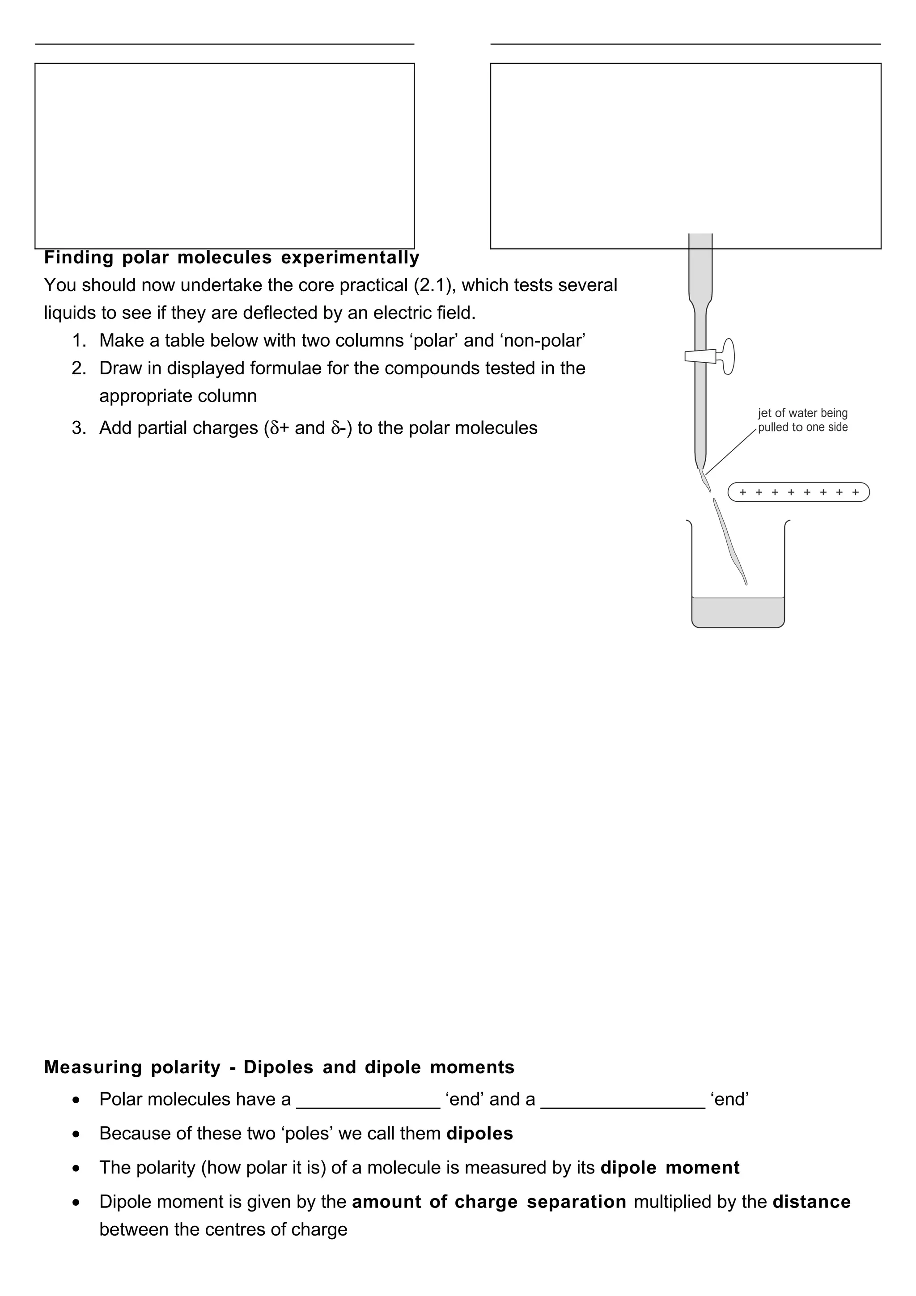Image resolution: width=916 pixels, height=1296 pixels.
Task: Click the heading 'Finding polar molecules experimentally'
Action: tap(231, 258)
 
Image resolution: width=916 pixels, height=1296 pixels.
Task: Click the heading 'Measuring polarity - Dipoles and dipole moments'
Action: tap(279, 1067)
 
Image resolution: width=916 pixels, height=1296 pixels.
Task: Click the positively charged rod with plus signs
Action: tap(798, 492)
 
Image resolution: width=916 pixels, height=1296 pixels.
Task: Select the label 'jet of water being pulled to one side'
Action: tap(802, 420)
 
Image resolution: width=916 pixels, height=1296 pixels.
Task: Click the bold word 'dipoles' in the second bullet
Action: tap(479, 1133)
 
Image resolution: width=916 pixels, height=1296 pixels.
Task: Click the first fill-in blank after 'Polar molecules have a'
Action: tap(368, 1100)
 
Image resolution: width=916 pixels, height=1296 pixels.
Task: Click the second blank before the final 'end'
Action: tap(623, 1100)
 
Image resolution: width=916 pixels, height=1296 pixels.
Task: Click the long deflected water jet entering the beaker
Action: tap(730, 542)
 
